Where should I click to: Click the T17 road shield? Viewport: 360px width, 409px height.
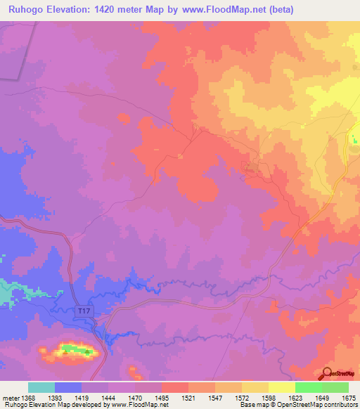coord(84,311)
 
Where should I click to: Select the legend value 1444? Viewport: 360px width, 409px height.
coord(108,397)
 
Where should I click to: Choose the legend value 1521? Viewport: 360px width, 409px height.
coord(188,397)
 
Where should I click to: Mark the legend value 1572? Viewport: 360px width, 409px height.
coord(242,397)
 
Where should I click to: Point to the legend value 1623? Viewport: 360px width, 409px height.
coord(295,397)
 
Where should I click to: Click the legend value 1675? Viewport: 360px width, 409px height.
coord(349,397)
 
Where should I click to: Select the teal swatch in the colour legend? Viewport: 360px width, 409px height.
coord(41,387)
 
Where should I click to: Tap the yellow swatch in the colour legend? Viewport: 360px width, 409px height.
coord(281,387)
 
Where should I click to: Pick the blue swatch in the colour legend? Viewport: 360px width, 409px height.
coord(68,387)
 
